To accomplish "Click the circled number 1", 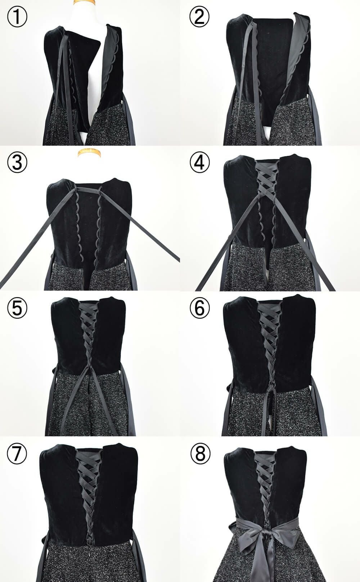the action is click(17, 17).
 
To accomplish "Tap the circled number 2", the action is click(199, 17).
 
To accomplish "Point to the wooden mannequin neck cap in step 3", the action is click(89, 153).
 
